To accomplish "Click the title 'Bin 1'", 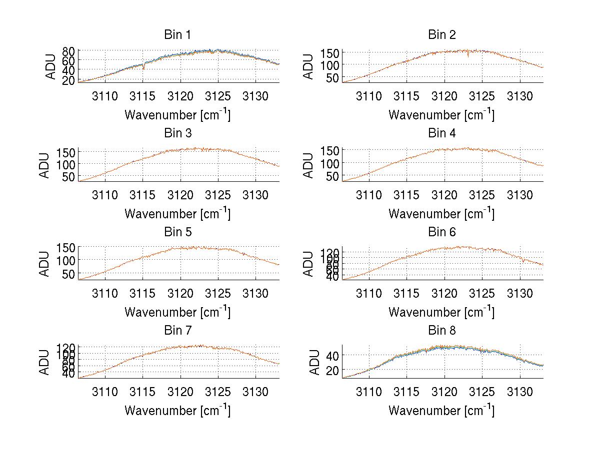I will tap(177, 35).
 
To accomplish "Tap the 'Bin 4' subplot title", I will tap(442, 133).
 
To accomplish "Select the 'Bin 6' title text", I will tap(442, 232).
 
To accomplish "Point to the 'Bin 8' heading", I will tap(442, 330).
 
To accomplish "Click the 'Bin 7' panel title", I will tap(177, 330).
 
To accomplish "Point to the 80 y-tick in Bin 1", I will tap(68, 51).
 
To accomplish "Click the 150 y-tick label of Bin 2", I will tap(328, 53).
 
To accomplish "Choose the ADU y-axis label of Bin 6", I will tap(309, 264).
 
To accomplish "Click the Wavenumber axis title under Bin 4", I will tap(441, 214).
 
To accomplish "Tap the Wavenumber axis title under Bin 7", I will tap(177, 411).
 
